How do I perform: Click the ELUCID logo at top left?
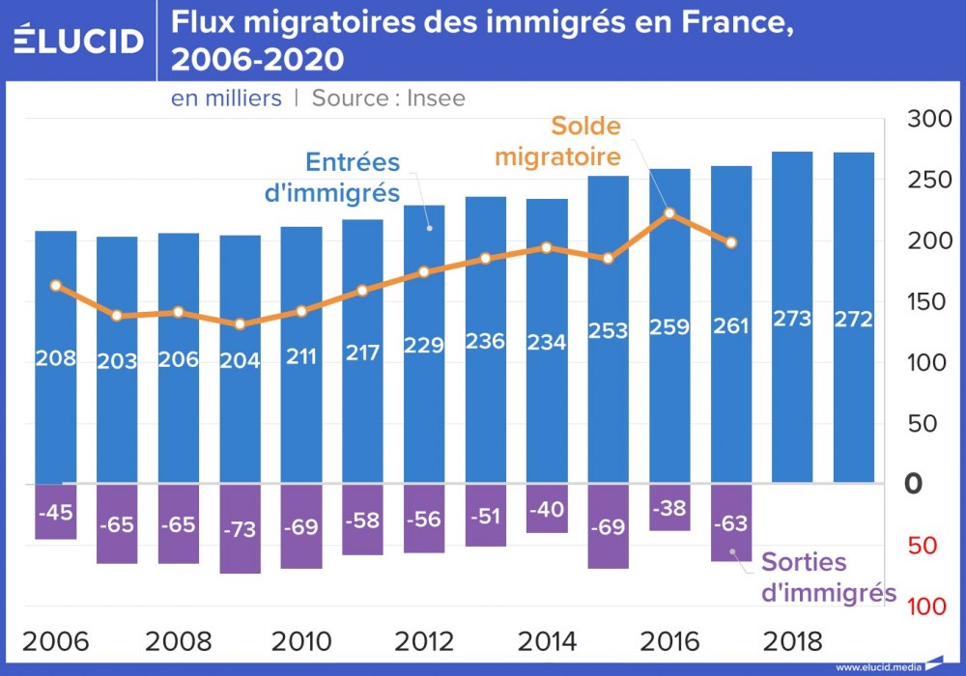click(x=79, y=40)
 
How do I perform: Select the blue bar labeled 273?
click(x=792, y=319)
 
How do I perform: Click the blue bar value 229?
click(x=424, y=347)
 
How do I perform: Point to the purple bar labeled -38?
click(x=669, y=507)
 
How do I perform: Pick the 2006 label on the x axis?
click(x=55, y=641)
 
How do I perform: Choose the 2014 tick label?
click(x=547, y=641)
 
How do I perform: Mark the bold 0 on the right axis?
click(x=913, y=484)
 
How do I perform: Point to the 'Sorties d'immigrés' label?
click(x=829, y=577)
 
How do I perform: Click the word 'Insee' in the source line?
click(x=436, y=98)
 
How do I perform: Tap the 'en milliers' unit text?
click(x=227, y=98)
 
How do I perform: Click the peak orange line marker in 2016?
click(x=669, y=213)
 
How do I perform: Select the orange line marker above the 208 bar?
click(x=55, y=286)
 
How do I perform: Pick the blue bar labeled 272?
click(x=854, y=319)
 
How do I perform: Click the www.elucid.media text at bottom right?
click(x=877, y=666)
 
